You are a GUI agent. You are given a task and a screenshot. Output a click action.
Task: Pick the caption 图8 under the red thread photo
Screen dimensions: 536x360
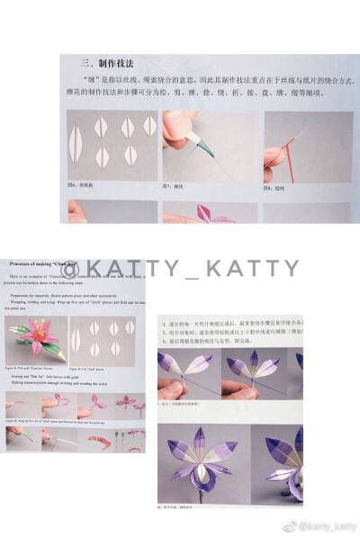click(x=275, y=187)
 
